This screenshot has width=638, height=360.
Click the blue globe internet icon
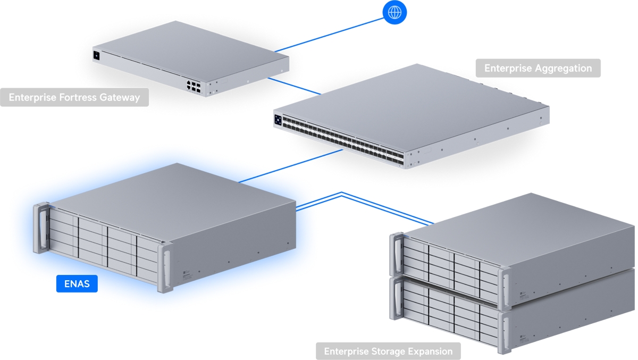coord(394,12)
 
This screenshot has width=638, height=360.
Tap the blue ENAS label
coord(77,283)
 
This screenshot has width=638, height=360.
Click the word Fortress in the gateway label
coord(78,97)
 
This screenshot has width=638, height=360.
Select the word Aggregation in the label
coord(564,69)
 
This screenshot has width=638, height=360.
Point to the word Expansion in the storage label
coord(430,351)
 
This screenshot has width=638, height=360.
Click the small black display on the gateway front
coord(96,55)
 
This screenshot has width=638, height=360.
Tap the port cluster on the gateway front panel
coord(194,86)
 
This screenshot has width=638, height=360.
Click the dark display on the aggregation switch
coord(278,120)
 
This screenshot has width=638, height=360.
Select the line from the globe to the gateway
coord(329,35)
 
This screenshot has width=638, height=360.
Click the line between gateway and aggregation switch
coord(295,86)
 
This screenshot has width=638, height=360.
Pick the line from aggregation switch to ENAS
coord(290,166)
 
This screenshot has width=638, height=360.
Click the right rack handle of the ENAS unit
coord(166,267)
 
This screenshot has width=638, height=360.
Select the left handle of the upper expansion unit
coord(397,255)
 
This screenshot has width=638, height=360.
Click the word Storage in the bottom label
coord(388,351)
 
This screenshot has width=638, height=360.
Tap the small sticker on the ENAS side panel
coord(187,274)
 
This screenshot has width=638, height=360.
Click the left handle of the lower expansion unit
coord(397,298)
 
